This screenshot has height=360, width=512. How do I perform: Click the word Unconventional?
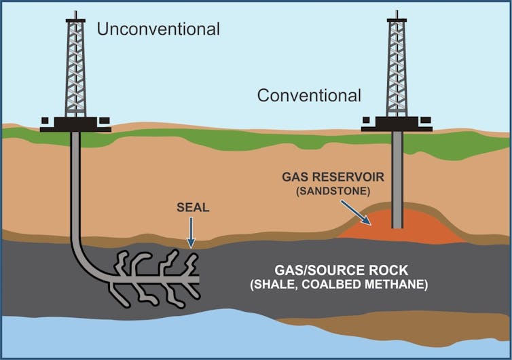159,29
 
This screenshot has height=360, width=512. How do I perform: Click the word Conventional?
309,96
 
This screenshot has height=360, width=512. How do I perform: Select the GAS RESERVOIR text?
333,177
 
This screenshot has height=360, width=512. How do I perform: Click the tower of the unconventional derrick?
75,68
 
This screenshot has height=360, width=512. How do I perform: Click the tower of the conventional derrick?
397,68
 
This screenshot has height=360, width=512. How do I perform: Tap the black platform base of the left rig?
75,124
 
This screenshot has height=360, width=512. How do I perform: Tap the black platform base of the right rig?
397,124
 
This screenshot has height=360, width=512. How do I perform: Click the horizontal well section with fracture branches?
156,278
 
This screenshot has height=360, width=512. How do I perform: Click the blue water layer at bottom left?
102,336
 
